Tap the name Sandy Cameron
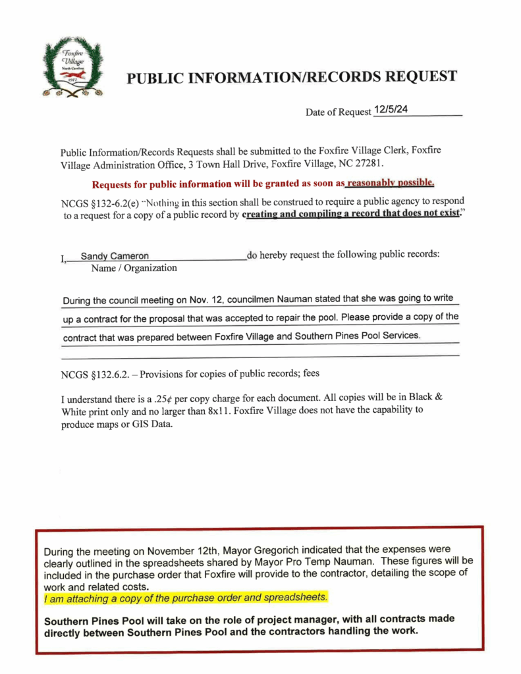(x=115, y=256)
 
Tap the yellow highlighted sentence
(x=185, y=597)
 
